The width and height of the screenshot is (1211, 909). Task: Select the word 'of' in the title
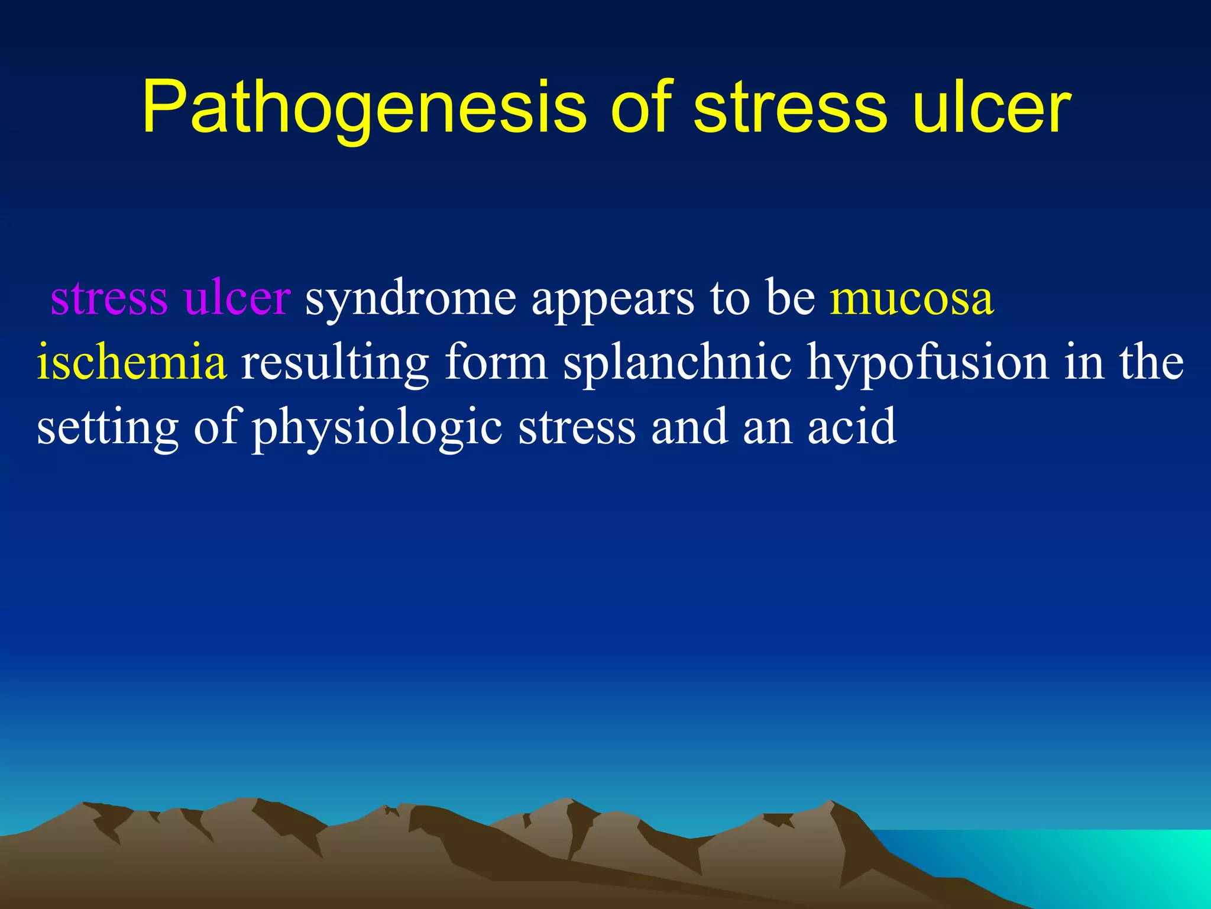pos(642,108)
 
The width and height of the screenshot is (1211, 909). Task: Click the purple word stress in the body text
pos(109,298)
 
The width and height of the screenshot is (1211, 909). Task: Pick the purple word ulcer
pos(237,298)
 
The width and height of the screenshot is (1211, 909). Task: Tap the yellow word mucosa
pos(911,298)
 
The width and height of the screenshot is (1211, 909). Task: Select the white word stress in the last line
pos(577,427)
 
